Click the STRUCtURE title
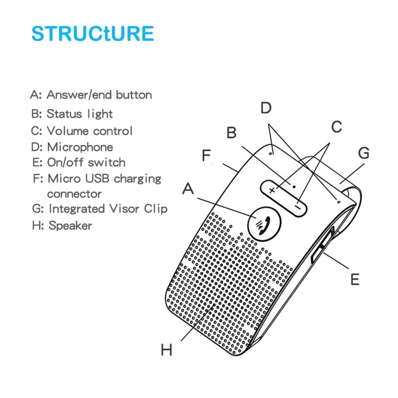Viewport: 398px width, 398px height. coord(93,33)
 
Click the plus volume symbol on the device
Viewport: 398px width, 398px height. coord(272,191)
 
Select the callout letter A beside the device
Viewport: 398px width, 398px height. coord(188,190)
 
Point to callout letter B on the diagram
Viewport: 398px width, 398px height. coord(231,133)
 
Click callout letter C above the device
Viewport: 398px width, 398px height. coord(337,127)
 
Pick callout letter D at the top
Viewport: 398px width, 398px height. coord(267,107)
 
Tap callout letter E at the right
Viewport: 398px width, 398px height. coord(354,280)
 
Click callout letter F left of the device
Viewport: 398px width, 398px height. coord(207,155)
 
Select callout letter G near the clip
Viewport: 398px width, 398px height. coord(364,153)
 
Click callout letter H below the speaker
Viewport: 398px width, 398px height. coord(167,350)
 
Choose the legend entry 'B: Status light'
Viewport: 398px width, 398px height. coord(72,114)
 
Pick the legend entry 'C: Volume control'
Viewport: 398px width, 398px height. coord(82,131)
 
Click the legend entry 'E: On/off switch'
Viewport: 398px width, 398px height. coord(78,163)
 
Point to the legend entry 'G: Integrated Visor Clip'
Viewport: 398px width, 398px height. coord(99,209)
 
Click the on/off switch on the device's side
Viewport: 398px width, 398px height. coord(318,249)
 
